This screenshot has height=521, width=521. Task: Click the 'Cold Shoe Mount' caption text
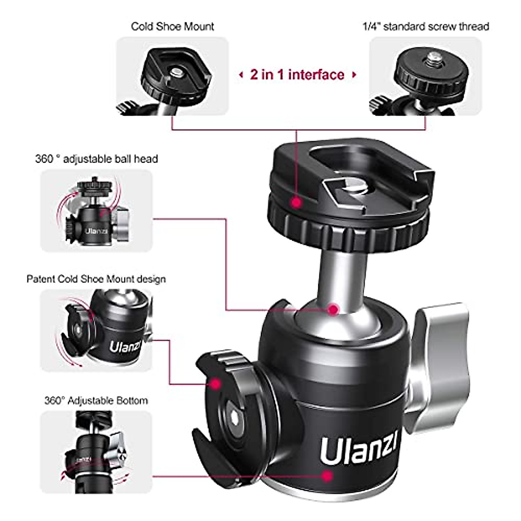(172, 26)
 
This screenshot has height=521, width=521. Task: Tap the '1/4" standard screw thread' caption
(425, 26)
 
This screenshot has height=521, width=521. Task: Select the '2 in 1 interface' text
(297, 75)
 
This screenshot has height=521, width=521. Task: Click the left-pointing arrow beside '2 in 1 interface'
(241, 75)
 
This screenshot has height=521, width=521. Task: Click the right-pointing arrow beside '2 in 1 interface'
(354, 75)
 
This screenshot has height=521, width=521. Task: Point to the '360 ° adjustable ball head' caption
(96, 159)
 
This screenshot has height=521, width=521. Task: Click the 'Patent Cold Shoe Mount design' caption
(96, 279)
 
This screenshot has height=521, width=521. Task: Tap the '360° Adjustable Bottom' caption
(96, 400)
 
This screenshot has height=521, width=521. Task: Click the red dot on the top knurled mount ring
(297, 202)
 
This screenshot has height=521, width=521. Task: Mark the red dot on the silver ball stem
(333, 310)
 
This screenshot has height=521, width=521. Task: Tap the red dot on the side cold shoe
(215, 384)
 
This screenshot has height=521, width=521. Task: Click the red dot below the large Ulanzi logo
(328, 476)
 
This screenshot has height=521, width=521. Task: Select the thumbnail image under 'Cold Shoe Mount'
(172, 76)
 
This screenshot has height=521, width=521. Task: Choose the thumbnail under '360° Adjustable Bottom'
(96, 452)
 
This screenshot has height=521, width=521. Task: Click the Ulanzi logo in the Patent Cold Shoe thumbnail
(125, 347)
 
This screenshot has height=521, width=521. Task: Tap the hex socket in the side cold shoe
(235, 418)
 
